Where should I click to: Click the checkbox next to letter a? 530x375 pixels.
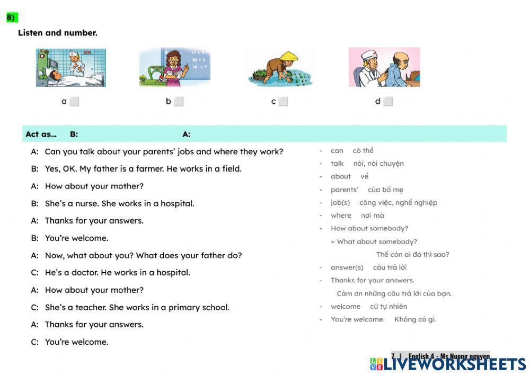click(74, 102)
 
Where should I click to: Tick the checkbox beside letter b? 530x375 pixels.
click(179, 102)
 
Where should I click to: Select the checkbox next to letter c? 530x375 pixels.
click(283, 102)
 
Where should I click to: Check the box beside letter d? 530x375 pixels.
click(388, 102)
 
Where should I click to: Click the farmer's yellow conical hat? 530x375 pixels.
click(289, 56)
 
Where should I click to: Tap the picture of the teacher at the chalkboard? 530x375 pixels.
click(174, 67)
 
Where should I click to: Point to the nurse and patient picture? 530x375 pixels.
click(70, 67)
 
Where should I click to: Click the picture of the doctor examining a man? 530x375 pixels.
click(384, 67)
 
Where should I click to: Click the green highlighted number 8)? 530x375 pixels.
click(12, 17)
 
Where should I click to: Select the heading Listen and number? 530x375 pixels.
click(58, 33)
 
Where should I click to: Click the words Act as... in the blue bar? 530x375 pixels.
click(41, 134)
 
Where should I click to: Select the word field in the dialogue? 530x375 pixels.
click(231, 169)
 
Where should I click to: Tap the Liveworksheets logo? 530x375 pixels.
click(448, 364)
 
